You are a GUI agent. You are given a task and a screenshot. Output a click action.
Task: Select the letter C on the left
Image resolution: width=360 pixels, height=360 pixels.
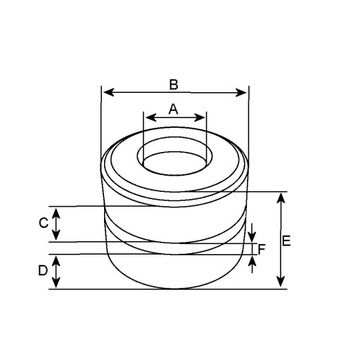click(x=43, y=223)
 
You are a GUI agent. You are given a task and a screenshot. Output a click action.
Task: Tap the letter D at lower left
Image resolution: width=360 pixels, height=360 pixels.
click(x=43, y=271)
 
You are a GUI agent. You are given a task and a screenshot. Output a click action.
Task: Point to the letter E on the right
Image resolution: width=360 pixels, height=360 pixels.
click(x=287, y=241)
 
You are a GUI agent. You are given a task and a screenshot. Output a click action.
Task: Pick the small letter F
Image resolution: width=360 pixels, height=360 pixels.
click(x=261, y=249)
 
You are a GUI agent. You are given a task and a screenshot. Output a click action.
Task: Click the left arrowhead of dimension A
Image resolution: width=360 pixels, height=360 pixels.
click(x=149, y=118)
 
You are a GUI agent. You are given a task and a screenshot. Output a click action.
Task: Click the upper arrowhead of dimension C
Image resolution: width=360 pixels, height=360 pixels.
click(x=57, y=210)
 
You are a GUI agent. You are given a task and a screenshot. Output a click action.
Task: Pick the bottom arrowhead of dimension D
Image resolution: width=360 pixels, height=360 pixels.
click(x=57, y=285)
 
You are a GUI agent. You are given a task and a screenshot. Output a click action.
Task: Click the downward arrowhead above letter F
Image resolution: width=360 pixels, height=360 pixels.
click(x=251, y=237)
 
